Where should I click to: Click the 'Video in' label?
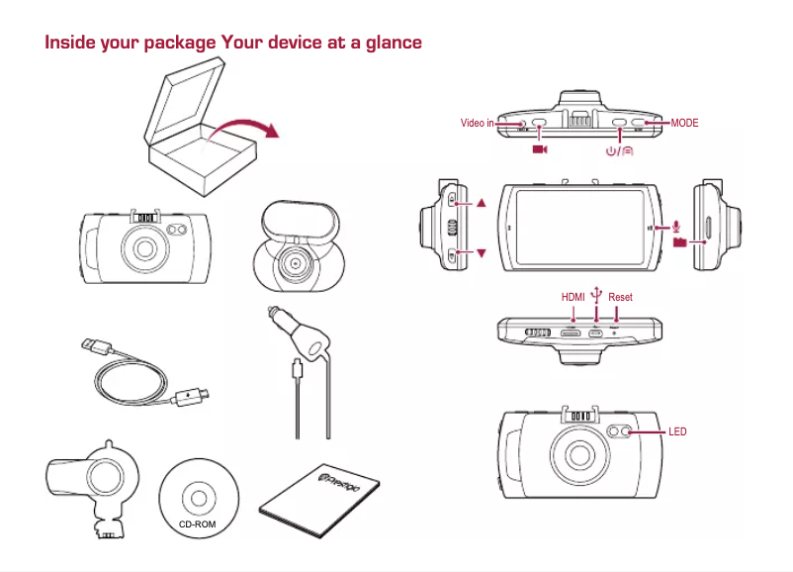click(477, 124)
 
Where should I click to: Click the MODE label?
click(684, 124)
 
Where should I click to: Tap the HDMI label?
click(573, 297)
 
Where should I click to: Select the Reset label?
click(620, 297)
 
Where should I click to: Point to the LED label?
click(677, 432)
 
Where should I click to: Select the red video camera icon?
click(539, 149)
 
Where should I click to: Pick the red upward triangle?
click(482, 203)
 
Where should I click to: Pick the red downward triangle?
click(482, 254)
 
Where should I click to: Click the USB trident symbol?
click(595, 293)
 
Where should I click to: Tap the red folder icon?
click(679, 241)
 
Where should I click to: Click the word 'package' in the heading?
click(179, 43)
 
